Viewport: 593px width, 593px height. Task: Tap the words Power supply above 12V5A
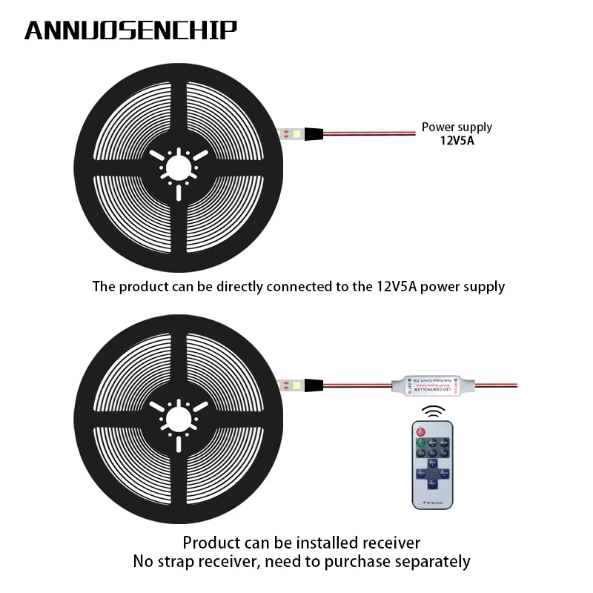[x=457, y=127]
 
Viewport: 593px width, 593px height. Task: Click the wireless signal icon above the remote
[x=434, y=411]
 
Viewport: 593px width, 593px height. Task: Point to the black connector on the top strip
[x=312, y=135]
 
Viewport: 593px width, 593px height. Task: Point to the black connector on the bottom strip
[x=312, y=385]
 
